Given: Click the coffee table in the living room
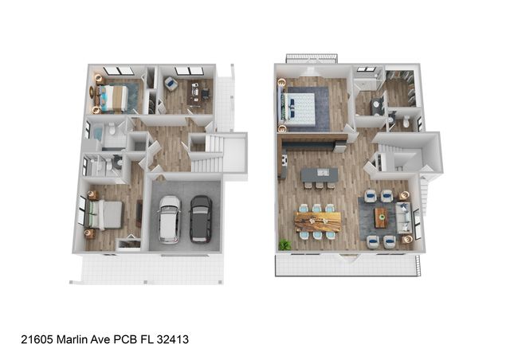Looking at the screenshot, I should [x=381, y=217].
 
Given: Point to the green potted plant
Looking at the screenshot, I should [x=283, y=243].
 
